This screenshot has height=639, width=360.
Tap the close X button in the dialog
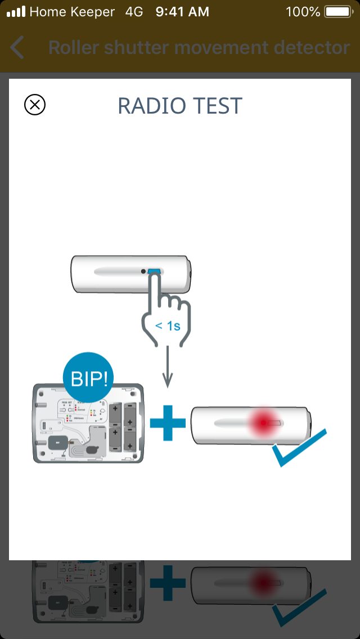click(35, 105)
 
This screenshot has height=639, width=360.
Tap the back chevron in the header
click(17, 48)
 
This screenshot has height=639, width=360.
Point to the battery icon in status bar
click(337, 11)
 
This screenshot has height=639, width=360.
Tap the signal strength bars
click(15, 11)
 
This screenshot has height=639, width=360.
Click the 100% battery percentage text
click(303, 11)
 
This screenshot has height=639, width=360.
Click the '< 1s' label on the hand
click(167, 325)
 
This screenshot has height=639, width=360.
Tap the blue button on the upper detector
click(154, 272)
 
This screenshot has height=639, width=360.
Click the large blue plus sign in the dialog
click(168, 422)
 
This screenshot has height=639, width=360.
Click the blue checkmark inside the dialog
click(298, 448)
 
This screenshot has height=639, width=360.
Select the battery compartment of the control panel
click(123, 426)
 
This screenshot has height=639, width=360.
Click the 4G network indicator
click(134, 11)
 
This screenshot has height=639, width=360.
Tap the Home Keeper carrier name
click(72, 11)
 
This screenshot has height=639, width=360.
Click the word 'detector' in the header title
click(312, 48)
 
